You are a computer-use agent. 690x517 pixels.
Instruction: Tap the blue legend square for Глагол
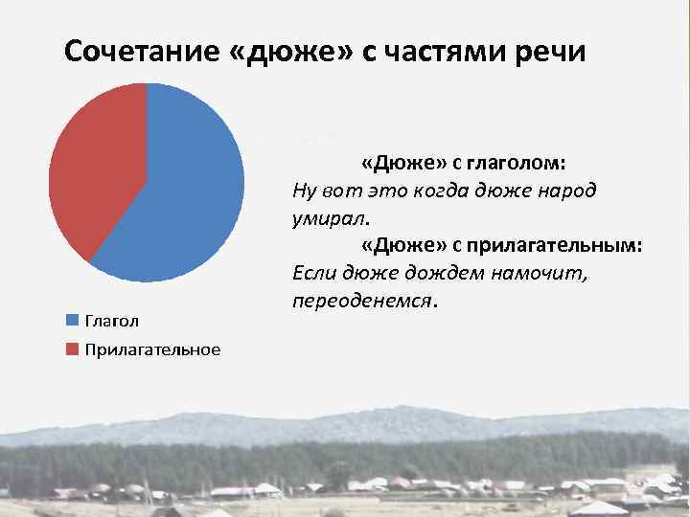[72, 320]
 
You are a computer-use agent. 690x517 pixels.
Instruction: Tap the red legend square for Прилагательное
[72, 349]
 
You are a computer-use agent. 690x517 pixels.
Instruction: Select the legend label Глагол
[112, 320]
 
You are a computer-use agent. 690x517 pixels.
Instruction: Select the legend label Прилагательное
[152, 349]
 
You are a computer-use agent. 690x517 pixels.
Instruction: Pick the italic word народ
[565, 190]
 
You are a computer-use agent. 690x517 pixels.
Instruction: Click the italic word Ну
[304, 190]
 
